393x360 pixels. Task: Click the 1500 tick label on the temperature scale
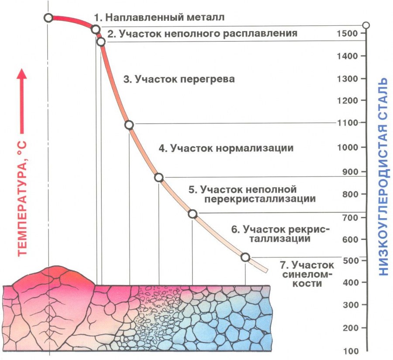(348, 34)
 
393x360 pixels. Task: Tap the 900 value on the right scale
(349, 171)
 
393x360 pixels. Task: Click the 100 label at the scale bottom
(350, 351)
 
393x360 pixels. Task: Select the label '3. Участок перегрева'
(179, 79)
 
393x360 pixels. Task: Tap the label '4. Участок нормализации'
(226, 148)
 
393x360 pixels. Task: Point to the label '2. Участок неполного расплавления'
(202, 33)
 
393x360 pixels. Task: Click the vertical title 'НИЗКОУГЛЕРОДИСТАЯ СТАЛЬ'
(383, 177)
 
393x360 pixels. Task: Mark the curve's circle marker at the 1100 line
(129, 125)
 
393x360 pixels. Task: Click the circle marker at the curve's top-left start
(48, 18)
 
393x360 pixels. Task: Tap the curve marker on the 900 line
(159, 178)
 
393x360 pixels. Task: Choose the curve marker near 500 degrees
(245, 257)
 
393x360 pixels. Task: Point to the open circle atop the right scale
(366, 24)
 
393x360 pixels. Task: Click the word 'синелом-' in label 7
(308, 274)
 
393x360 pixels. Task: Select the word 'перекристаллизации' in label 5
(259, 199)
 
